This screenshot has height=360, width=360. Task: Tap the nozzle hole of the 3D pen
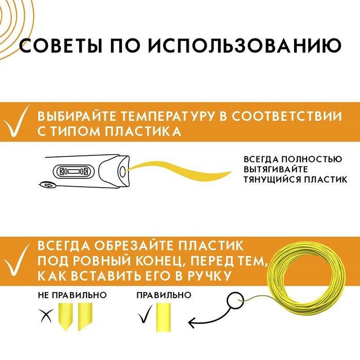point(121,170)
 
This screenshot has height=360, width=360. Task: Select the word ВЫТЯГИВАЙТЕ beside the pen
point(276,169)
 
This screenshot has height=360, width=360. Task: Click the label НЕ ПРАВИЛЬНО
point(72,295)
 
